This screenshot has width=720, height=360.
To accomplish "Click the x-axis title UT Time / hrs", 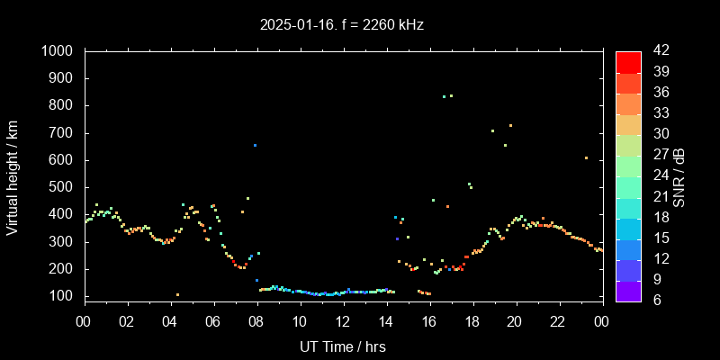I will (x=343, y=346).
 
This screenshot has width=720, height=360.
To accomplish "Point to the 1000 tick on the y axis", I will (x=59, y=51).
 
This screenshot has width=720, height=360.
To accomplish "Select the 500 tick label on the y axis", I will (x=63, y=187).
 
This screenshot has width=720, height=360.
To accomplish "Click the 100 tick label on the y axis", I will (x=63, y=296).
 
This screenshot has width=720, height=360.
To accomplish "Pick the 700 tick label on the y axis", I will (x=63, y=133).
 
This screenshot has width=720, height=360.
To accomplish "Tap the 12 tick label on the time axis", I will (x=343, y=321).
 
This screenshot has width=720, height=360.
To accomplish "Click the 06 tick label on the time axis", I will (x=213, y=321).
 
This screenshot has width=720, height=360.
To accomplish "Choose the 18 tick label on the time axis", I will (x=472, y=321).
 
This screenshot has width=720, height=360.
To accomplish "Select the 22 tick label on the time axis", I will (x=558, y=321).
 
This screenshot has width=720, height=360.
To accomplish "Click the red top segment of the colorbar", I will (x=628, y=61).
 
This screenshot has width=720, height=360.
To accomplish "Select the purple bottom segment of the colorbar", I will (x=628, y=290).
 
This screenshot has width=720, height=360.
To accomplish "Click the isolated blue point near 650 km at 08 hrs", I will (x=255, y=145).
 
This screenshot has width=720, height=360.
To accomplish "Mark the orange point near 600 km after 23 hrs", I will (x=586, y=157).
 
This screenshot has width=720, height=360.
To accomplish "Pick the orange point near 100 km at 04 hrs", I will (x=177, y=294).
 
